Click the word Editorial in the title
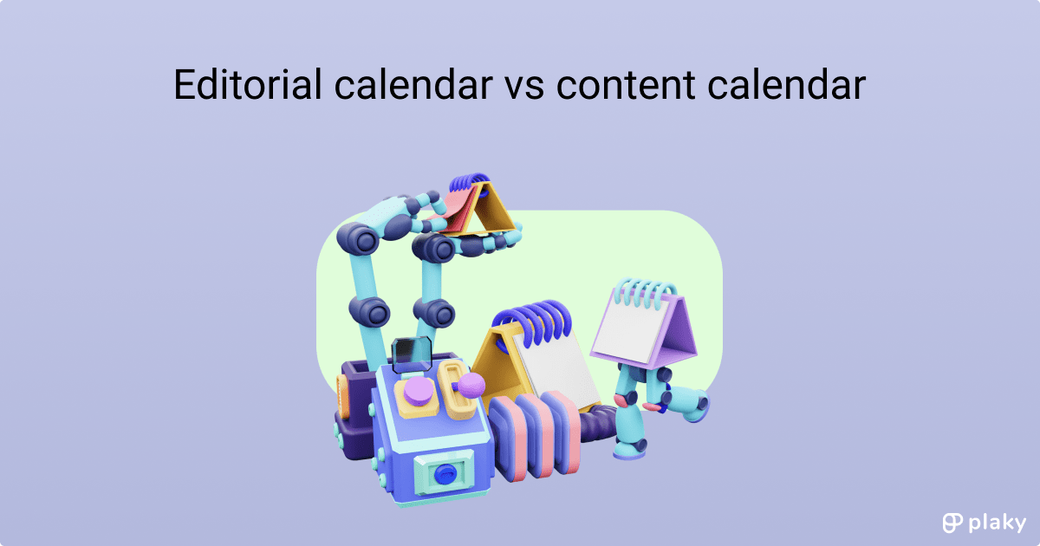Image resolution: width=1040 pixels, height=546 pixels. click(x=248, y=84)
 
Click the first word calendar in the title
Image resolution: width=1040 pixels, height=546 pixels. click(x=413, y=84)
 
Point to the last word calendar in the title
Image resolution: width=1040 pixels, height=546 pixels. click(x=787, y=84)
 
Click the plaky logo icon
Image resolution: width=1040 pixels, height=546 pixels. click(x=952, y=523)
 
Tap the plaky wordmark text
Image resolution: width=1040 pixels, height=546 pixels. click(x=998, y=523)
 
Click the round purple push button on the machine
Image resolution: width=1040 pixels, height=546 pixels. click(x=419, y=391)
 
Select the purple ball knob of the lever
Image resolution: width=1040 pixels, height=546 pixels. click(x=471, y=385)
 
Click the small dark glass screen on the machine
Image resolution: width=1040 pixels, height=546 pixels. click(x=412, y=355)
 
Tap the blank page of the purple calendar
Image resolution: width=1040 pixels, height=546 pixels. click(x=631, y=330)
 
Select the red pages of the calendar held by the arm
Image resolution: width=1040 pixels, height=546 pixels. click(x=456, y=211)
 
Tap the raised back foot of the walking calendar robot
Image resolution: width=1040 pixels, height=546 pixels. click(x=690, y=403)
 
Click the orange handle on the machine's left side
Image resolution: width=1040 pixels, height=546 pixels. click(x=342, y=398)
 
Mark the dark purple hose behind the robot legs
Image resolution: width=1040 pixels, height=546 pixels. click(x=598, y=424)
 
